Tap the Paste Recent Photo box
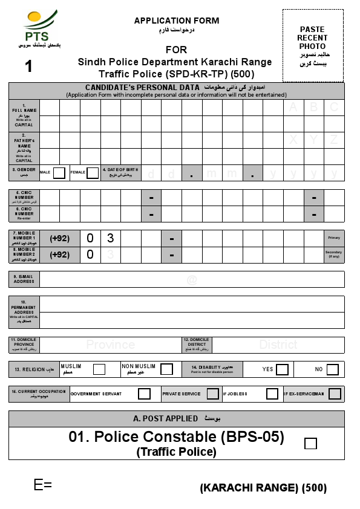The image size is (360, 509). (312, 45)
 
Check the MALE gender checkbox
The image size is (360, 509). (59, 173)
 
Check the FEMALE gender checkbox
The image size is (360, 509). (93, 173)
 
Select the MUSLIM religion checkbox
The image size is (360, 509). (99, 369)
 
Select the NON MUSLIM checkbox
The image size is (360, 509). (166, 369)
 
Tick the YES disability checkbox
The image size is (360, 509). (282, 369)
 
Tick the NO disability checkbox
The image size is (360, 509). (332, 369)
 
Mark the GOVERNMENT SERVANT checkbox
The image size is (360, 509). (144, 394)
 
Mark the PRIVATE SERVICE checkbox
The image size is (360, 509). (212, 394)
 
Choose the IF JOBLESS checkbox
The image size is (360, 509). (272, 394)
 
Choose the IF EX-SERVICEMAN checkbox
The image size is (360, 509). (335, 394)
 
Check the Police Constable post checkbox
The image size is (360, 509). (310, 444)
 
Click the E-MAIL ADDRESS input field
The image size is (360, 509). (192, 279)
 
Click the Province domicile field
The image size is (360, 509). (110, 345)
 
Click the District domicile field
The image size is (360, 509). (278, 345)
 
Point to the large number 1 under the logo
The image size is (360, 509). (28, 66)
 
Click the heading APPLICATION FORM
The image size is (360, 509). (177, 21)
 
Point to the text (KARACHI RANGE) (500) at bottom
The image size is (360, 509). (263, 488)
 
